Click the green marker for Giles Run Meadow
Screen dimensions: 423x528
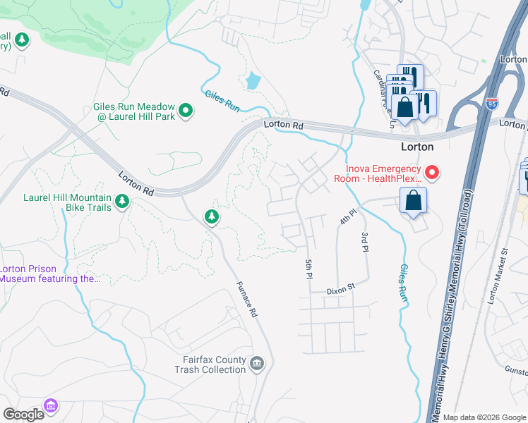click(186, 110)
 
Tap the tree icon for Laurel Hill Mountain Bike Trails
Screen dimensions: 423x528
click(123, 202)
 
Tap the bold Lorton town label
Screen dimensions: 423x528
click(416, 147)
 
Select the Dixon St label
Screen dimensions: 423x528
click(339, 290)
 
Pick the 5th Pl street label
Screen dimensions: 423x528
click(308, 269)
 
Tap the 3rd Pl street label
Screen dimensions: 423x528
click(365, 241)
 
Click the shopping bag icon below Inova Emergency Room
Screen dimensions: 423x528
click(413, 200)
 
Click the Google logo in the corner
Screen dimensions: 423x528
click(23, 415)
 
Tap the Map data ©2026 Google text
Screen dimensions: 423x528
click(484, 417)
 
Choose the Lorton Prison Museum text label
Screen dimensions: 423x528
click(49, 274)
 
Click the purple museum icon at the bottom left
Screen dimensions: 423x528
click(50, 405)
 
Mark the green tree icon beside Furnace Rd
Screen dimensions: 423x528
click(211, 217)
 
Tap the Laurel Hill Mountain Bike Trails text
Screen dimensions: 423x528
click(67, 198)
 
